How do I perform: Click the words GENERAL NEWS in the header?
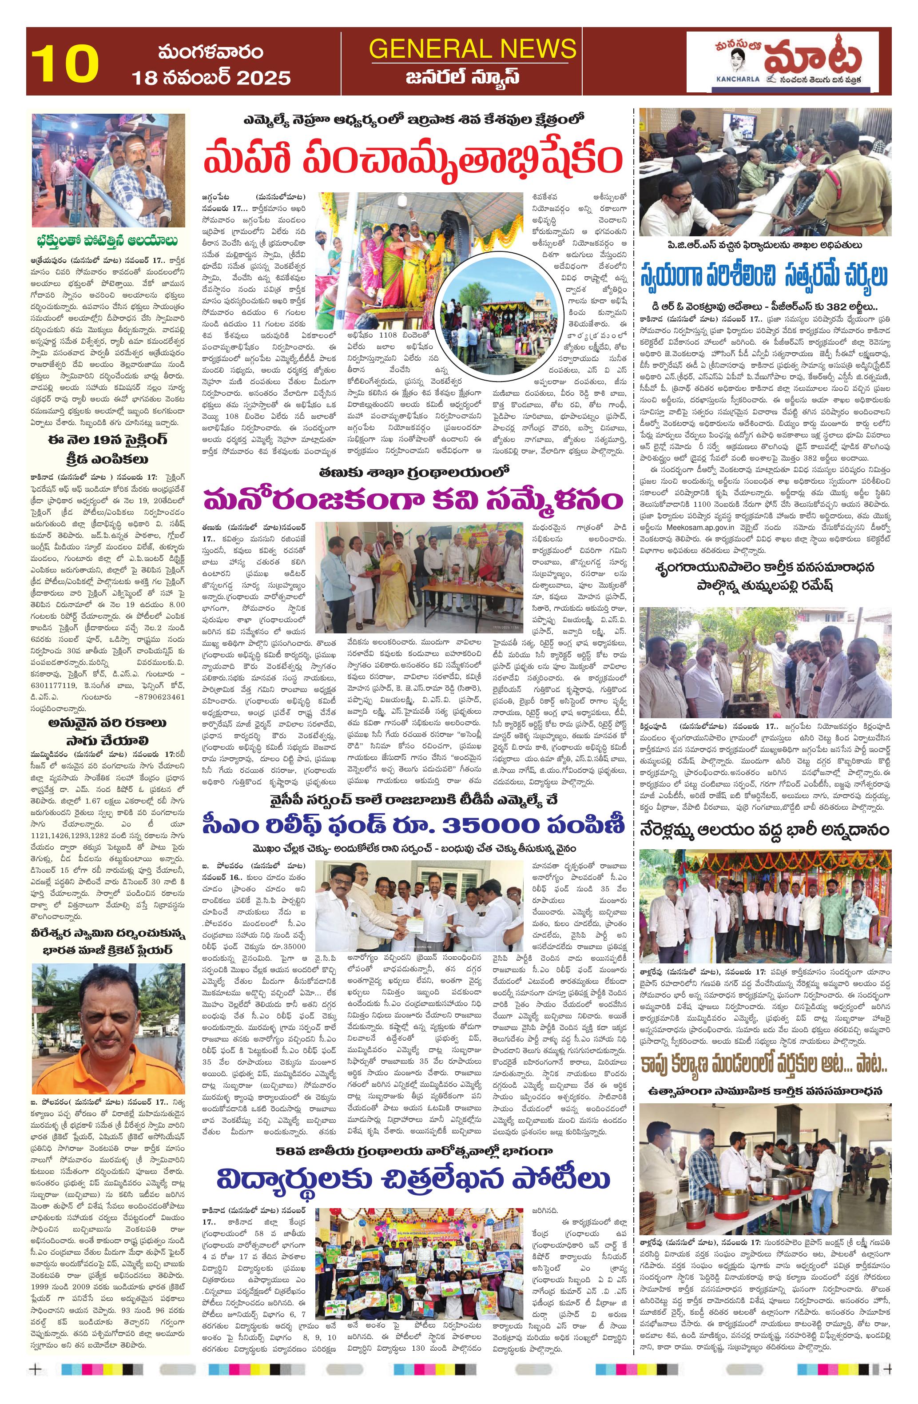coord(472,48)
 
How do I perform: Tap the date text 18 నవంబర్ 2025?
coord(211,78)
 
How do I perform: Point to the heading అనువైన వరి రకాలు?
coord(106,723)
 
